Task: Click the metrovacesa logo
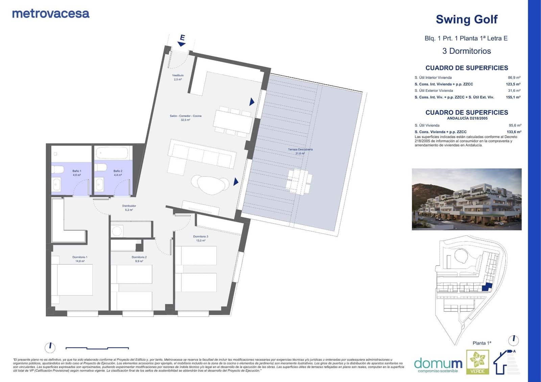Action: click(51, 14)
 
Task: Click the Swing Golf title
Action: click(466, 20)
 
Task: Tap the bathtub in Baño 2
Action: click(112, 153)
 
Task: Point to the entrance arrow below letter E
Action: click(182, 44)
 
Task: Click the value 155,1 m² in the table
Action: click(513, 97)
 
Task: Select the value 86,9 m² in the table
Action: click(514, 77)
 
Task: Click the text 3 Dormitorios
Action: click(466, 51)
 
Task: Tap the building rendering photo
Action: click(466, 199)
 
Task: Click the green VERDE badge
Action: click(477, 362)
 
